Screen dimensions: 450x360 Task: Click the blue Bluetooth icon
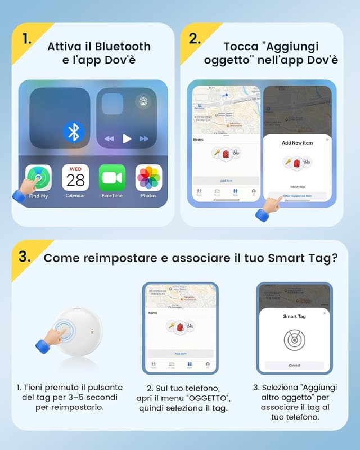point(73,132)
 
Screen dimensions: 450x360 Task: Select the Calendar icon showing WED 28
point(75,178)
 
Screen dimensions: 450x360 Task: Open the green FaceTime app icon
point(112,178)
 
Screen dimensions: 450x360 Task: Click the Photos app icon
point(148,178)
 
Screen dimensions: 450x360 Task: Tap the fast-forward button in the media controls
point(144,138)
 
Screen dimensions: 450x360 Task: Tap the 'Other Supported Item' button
point(297,196)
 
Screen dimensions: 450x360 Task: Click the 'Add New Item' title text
point(297,143)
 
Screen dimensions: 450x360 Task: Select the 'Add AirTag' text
point(297,186)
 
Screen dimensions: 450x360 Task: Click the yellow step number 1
point(27,39)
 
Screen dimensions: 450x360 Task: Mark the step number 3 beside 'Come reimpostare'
point(24,257)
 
